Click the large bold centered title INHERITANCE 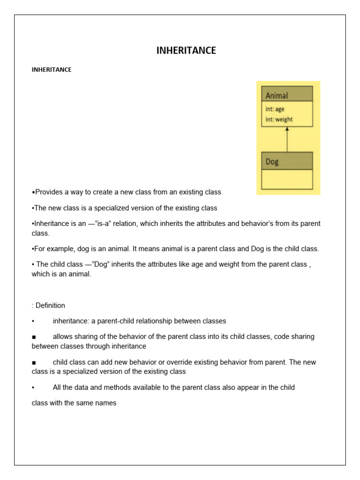[186, 51]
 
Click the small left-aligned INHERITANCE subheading [52, 70]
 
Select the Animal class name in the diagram [277, 96]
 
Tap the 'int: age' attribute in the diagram [275, 109]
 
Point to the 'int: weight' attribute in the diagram [279, 119]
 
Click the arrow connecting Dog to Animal [287, 139]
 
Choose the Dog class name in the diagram [272, 162]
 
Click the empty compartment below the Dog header [287, 179]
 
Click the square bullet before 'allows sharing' [34, 337]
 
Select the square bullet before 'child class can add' [34, 362]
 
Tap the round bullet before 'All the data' [33, 388]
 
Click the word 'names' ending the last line [106, 403]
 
